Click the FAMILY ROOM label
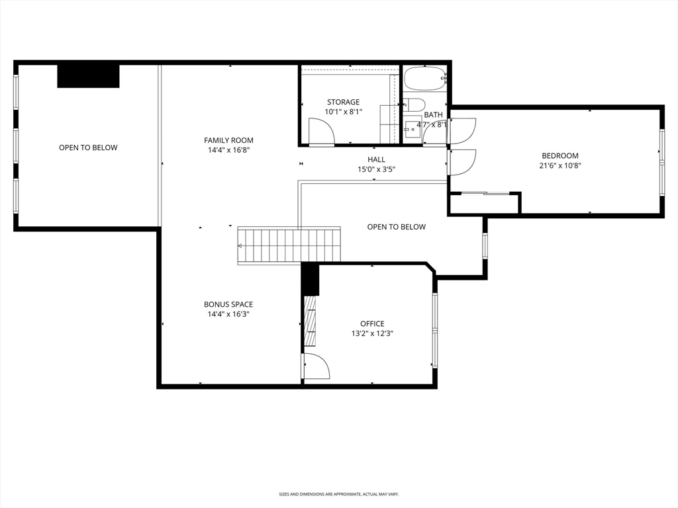click(228, 140)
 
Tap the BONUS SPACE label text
click(228, 304)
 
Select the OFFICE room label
click(372, 323)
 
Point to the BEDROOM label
click(560, 156)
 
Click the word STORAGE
click(343, 103)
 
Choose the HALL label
click(376, 159)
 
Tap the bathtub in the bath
click(426, 79)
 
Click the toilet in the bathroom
click(414, 105)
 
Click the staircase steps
click(289, 245)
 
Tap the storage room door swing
click(320, 134)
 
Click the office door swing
click(316, 366)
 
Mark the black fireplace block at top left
click(88, 75)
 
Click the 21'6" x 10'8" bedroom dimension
click(560, 166)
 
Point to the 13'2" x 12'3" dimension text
click(372, 333)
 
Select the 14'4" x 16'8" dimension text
click(228, 150)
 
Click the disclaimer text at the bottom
click(339, 494)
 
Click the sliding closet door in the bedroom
click(485, 193)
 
